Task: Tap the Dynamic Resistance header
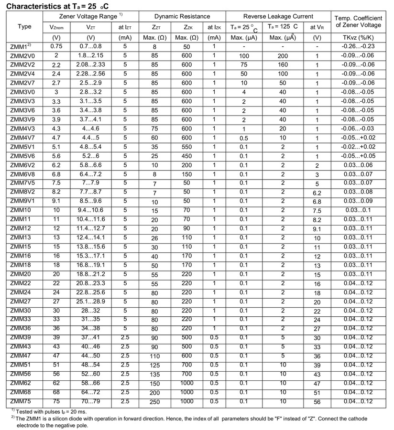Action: [183, 16]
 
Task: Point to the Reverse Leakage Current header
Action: [278, 16]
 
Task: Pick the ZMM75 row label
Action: [21, 401]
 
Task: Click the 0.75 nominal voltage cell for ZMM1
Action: [56, 46]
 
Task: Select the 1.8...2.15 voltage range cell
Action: [91, 55]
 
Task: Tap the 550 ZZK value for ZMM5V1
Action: [186, 147]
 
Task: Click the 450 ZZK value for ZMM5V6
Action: [186, 156]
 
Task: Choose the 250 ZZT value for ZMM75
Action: [154, 401]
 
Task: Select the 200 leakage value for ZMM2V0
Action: [283, 56]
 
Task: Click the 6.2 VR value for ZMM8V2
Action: [317, 193]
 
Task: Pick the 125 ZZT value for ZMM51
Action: [154, 365]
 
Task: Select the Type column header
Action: [24, 26]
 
